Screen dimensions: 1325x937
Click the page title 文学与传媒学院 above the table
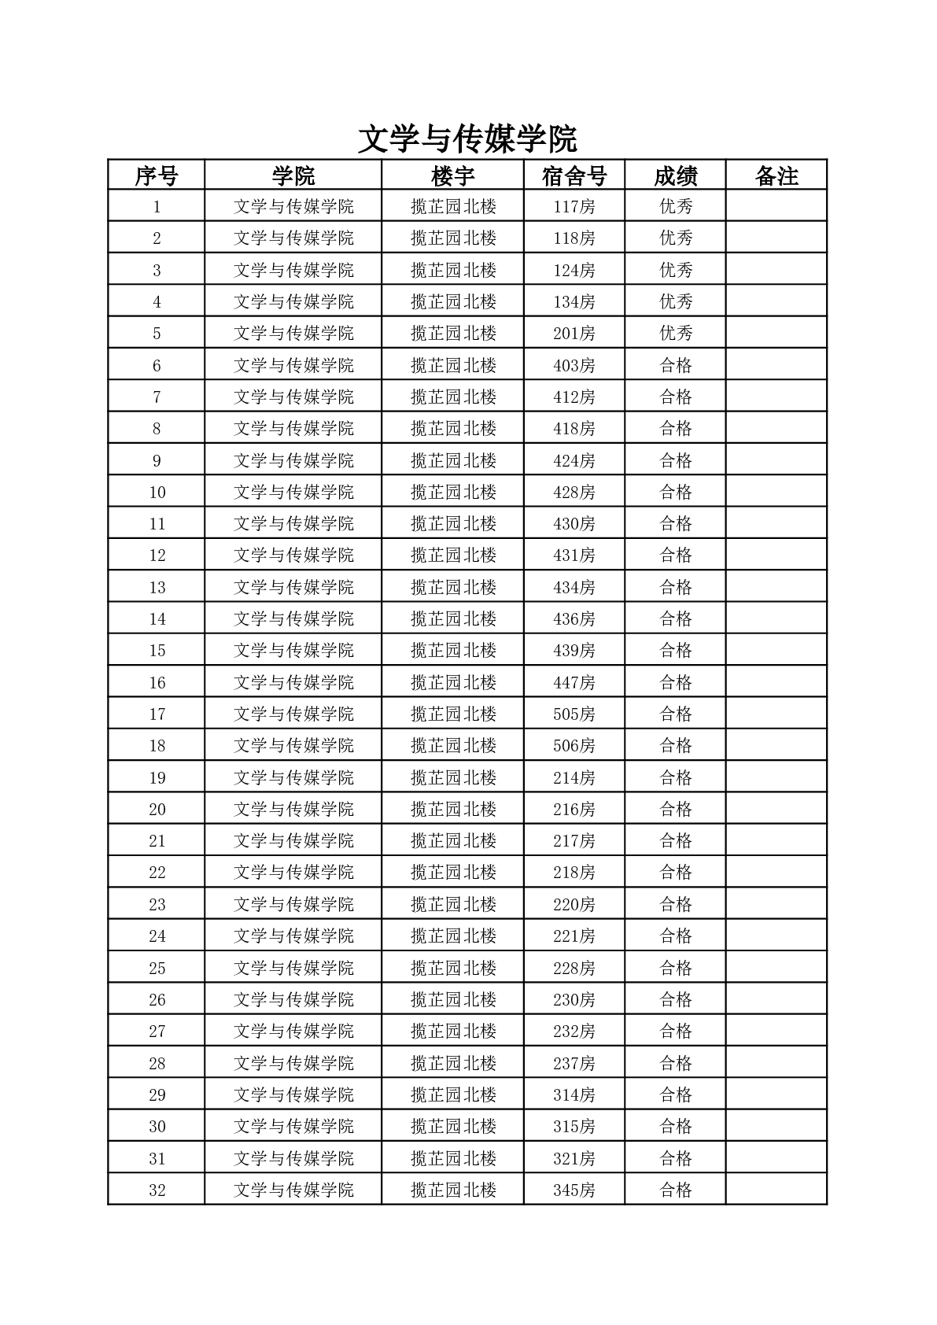pos(467,139)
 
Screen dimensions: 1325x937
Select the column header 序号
pos(157,175)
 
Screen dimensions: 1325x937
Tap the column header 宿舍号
pos(574,175)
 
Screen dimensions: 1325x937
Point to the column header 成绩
pos(675,175)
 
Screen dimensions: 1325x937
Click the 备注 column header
pos(777,175)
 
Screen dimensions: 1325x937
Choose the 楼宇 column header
pos(453,175)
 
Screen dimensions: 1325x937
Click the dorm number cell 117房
pos(574,207)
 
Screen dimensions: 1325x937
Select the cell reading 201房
pos(574,334)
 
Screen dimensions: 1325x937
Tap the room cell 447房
pos(574,682)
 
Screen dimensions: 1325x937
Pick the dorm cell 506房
pos(574,745)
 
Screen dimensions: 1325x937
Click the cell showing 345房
pos(574,1190)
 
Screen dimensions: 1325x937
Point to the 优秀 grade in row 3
pos(675,270)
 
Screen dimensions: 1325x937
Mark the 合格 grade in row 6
pos(675,365)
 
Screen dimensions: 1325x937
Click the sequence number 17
pos(157,714)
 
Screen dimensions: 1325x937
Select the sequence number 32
pos(157,1190)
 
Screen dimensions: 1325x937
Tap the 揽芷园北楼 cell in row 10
pos(453,492)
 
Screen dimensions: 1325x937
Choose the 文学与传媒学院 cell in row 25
pos(293,968)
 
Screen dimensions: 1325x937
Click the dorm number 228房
pos(574,968)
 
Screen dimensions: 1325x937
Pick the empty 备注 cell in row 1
pos(777,207)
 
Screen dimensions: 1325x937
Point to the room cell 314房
pos(574,1094)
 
